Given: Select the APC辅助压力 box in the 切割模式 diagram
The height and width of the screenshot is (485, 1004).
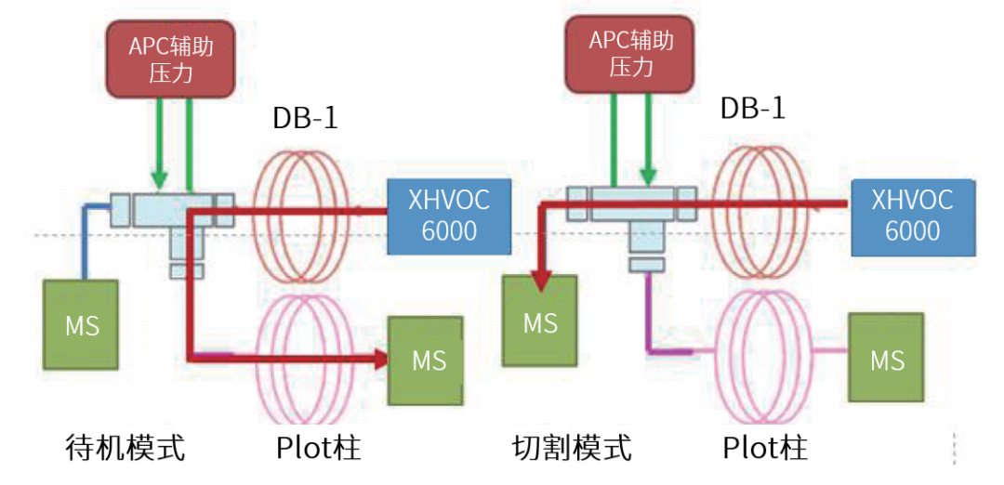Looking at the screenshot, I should coord(630,53).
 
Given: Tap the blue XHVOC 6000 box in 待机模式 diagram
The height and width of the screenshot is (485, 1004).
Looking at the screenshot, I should coord(449,216).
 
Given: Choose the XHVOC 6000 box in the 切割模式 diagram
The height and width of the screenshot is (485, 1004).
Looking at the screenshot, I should coord(911,216).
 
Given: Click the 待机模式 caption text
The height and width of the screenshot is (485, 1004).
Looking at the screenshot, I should coord(125,447).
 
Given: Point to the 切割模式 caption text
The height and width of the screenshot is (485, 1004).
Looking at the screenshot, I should coord(572,448).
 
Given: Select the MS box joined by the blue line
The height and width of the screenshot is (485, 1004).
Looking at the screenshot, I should coord(82,325).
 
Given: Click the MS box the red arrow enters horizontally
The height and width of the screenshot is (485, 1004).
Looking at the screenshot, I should coord(429,360).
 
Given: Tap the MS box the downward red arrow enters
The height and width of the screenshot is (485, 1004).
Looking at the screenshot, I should coord(539,321).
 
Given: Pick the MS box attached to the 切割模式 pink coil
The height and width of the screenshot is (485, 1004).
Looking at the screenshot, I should coord(886,359).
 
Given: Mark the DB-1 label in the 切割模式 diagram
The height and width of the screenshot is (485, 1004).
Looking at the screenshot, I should coord(752,108).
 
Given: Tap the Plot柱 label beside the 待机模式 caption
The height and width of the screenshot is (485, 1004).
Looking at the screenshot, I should coord(318,448).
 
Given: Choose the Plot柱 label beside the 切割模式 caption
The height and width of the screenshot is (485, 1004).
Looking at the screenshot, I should coord(765,448).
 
